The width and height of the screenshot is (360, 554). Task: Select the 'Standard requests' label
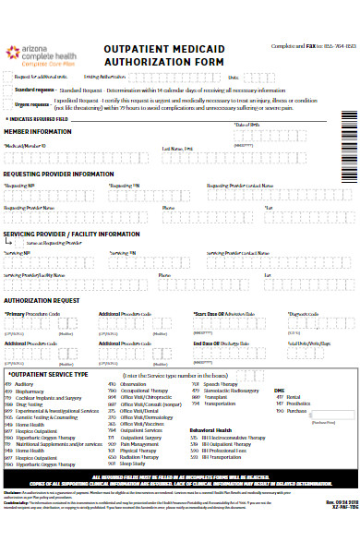click(x=34, y=90)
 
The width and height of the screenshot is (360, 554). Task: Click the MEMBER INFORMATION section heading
click(x=38, y=132)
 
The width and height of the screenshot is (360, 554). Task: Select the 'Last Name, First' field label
click(x=178, y=147)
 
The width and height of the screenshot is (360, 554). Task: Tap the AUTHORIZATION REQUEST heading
click(x=48, y=300)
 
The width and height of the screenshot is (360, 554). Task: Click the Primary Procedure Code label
click(x=33, y=314)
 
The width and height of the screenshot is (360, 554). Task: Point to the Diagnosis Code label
click(x=305, y=314)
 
